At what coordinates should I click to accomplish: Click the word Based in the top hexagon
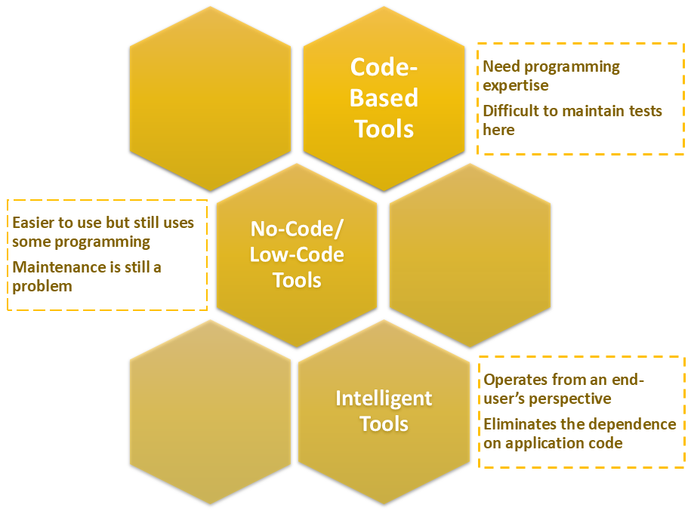384,98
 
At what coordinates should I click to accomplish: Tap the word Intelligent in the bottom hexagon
384,398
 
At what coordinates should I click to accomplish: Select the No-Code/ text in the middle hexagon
297,229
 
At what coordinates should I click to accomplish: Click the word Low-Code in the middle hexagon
297,254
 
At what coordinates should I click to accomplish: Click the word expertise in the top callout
516,85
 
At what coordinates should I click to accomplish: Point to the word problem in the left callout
42,286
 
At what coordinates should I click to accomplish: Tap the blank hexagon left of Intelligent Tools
210,412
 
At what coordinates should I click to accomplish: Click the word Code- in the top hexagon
384,67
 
